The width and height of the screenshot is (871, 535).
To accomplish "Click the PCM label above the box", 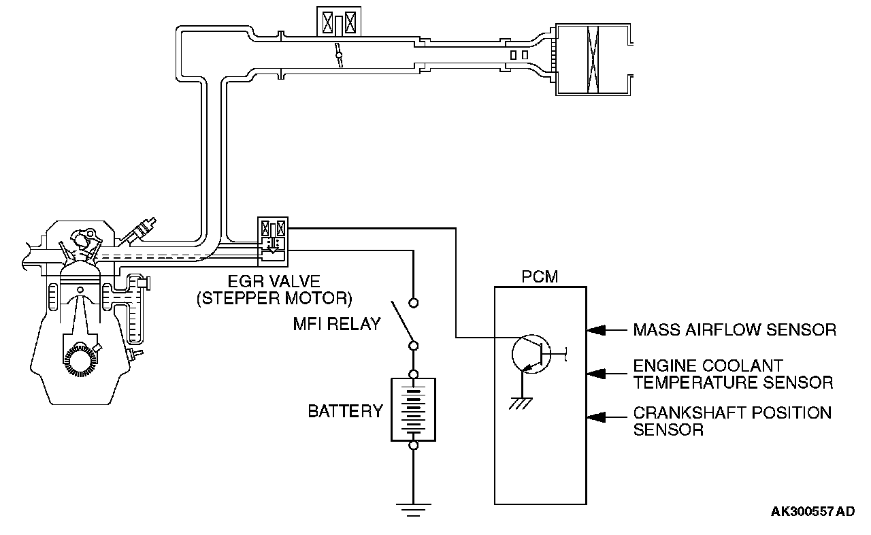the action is pyautogui.click(x=540, y=276).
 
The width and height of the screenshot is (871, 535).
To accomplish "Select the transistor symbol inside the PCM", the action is pyautogui.click(x=531, y=354).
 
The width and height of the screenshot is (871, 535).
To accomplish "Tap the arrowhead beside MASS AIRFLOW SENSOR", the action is pyautogui.click(x=597, y=330).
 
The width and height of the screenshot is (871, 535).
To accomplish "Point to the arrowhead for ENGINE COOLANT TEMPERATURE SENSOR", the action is pyautogui.click(x=597, y=374).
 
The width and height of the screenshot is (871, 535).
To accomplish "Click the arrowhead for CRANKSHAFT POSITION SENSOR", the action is pyautogui.click(x=597, y=417).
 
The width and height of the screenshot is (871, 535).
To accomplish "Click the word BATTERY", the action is pyautogui.click(x=345, y=411).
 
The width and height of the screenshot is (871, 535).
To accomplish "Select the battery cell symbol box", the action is pyautogui.click(x=413, y=409).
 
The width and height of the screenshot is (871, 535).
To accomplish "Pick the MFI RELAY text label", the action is pyautogui.click(x=337, y=324).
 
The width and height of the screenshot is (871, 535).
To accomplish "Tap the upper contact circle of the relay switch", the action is pyautogui.click(x=413, y=302).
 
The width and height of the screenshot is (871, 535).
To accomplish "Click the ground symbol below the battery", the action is pyautogui.click(x=413, y=510).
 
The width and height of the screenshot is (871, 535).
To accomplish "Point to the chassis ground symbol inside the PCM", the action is pyautogui.click(x=521, y=404).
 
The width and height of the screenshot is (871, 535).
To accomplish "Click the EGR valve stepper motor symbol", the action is pyautogui.click(x=273, y=242).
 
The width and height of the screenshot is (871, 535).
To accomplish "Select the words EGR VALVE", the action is pyautogui.click(x=274, y=281).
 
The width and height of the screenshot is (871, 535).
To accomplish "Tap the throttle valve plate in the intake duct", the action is pyautogui.click(x=339, y=55).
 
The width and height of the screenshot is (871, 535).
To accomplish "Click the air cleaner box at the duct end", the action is pyautogui.click(x=593, y=59).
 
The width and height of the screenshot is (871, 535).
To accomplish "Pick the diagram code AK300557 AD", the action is pyautogui.click(x=812, y=511).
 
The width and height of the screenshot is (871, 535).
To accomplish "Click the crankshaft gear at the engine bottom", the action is pyautogui.click(x=80, y=361).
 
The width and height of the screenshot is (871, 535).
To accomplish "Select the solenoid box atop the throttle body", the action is pyautogui.click(x=339, y=21).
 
